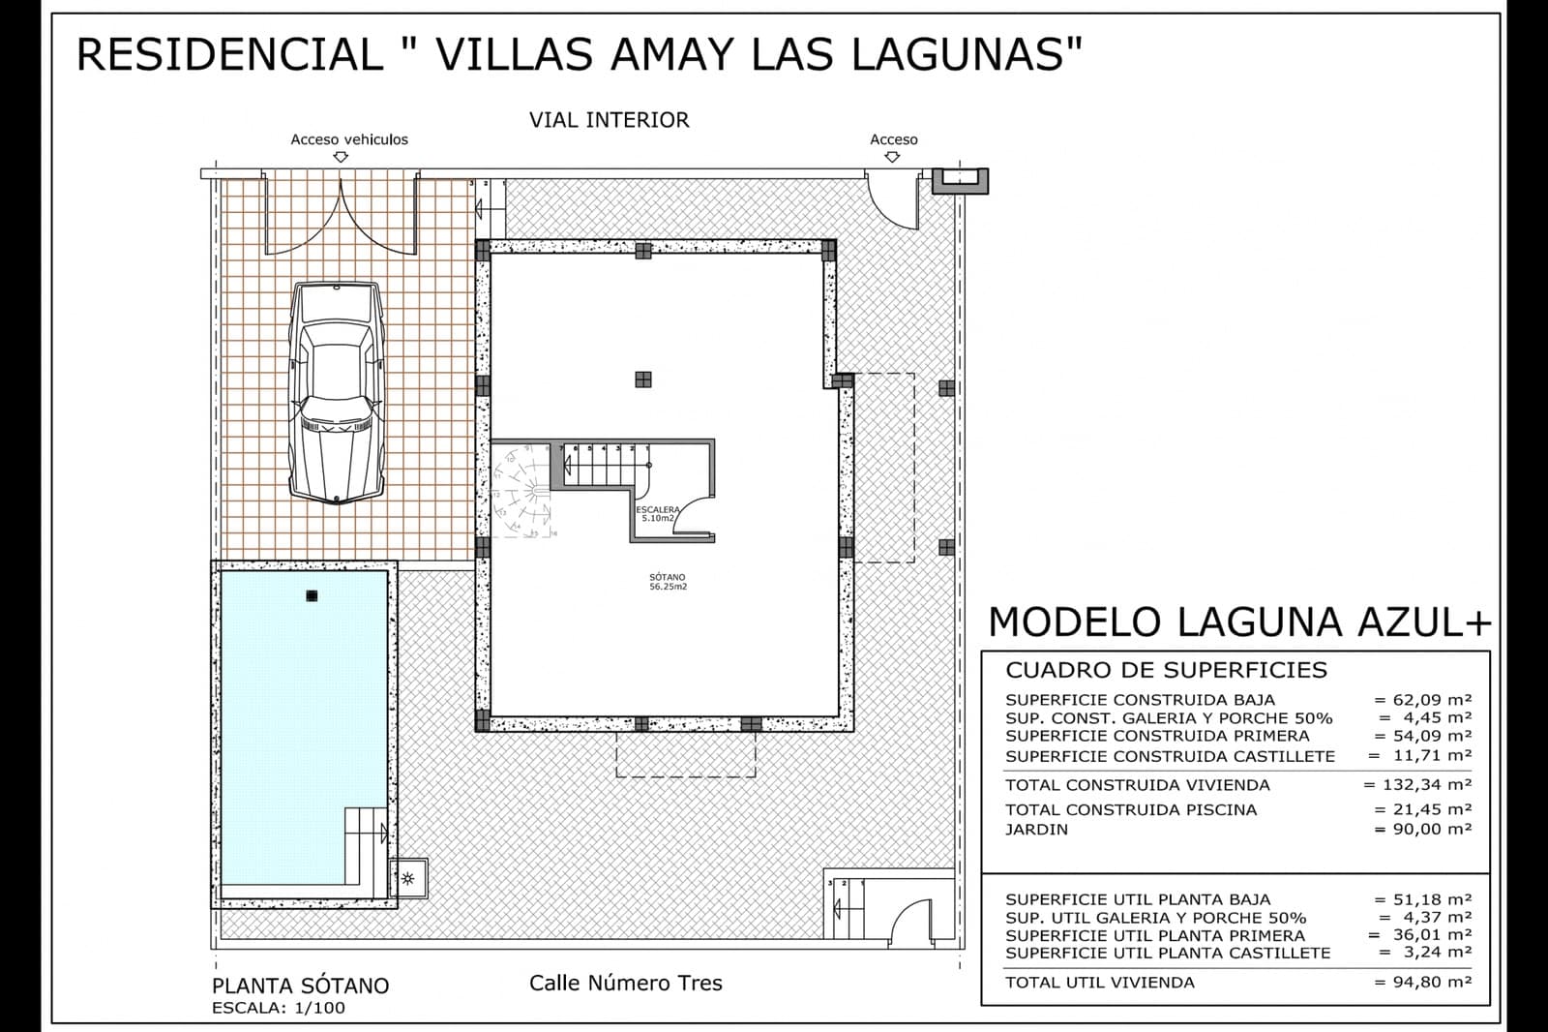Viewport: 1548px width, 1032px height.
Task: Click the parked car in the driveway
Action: coord(338,393)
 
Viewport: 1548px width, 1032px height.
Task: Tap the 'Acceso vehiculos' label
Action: coord(349,139)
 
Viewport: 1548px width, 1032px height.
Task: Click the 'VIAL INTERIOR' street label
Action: coord(609,120)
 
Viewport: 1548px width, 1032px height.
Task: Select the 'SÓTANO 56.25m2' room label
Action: coord(668,582)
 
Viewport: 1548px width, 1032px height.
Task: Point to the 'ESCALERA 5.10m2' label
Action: coord(658,513)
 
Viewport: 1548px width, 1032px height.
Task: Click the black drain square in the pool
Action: coord(312,595)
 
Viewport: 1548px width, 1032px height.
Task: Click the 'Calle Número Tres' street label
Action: coord(625,984)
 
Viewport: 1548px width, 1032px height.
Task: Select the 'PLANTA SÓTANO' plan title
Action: coord(300,986)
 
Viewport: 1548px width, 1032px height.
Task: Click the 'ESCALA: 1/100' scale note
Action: coord(278,1008)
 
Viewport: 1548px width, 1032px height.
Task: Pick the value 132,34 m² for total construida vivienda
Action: coord(1417,785)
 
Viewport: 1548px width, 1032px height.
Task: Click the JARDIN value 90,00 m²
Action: coord(1423,830)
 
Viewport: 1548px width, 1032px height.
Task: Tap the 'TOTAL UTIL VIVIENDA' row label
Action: coord(1099,983)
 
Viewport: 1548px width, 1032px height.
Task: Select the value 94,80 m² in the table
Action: coord(1423,983)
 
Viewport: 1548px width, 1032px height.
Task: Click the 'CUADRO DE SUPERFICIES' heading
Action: coord(1166,670)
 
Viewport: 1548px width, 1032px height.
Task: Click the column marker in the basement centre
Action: coord(642,379)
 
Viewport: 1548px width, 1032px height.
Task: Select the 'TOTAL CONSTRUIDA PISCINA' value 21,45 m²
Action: coord(1423,809)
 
